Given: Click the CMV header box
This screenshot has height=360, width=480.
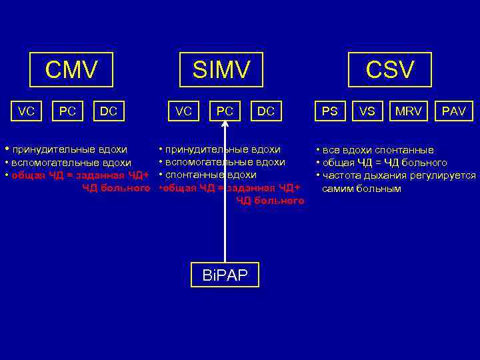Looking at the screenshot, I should coord(71,69).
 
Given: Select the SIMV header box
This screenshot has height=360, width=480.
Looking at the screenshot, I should coord(221,69).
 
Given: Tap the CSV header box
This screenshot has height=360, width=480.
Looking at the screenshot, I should coord(390,69).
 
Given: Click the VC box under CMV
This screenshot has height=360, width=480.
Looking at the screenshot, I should coord(26,111).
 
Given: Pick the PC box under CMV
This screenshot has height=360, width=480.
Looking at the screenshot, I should coord(67,111).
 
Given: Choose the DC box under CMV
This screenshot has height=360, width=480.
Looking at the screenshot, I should coord(109,111).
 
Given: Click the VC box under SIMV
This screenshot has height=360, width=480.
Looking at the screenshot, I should coord(183,111).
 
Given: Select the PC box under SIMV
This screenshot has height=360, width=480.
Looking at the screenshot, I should coord(225,111).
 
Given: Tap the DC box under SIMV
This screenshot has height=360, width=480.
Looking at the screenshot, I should coord(266,111).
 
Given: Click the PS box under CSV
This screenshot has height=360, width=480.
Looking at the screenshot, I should coord(330,111).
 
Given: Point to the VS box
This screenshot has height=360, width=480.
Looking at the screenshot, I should coord(367,111).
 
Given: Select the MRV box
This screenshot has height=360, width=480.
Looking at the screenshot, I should coord(408,111).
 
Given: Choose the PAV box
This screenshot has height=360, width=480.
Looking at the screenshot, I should coord(453,111).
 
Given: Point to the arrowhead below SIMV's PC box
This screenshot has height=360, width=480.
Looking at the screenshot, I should coord(225,131).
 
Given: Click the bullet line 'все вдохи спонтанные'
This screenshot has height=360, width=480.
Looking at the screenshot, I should coord(377,150).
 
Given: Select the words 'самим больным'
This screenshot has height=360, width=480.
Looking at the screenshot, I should coord(362,189).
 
